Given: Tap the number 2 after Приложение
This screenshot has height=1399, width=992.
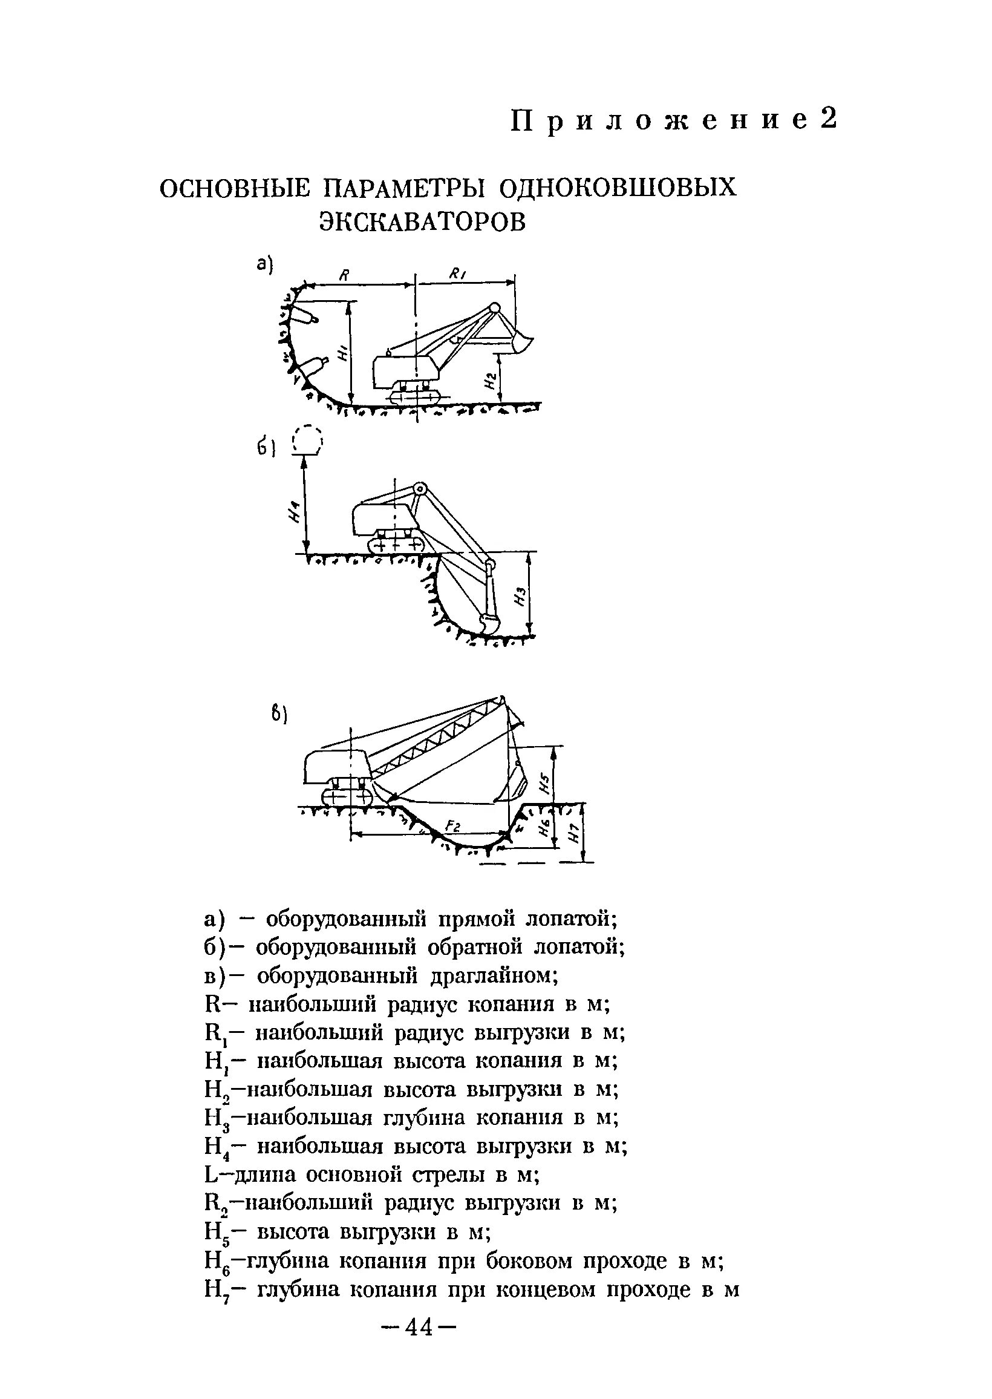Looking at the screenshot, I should tap(828, 120).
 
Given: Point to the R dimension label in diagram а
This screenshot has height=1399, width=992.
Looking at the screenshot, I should tap(344, 275).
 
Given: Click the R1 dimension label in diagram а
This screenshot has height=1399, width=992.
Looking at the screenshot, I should tap(457, 275).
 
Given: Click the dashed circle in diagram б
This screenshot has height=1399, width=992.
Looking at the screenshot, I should tap(308, 440).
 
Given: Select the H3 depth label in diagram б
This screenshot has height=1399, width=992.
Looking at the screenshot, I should tap(520, 594).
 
